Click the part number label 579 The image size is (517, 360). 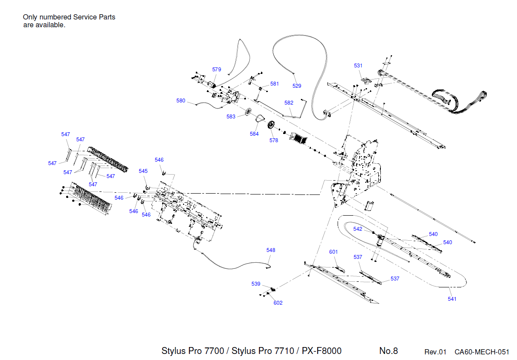click(x=217, y=70)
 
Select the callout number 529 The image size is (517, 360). click(x=297, y=86)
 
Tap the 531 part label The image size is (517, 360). click(x=358, y=66)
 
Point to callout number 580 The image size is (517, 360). click(x=181, y=101)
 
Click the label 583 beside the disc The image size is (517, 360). click(x=231, y=117)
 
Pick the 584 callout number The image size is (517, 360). click(x=254, y=134)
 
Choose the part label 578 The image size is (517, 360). click(x=274, y=140)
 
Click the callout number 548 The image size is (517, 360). click(x=271, y=250)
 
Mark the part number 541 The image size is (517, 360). click(x=452, y=299)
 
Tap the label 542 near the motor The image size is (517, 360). click(x=357, y=229)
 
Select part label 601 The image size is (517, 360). click(x=333, y=252)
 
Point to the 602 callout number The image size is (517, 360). click(x=278, y=303)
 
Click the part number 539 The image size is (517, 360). click(x=256, y=284)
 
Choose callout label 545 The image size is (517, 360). click(x=143, y=171)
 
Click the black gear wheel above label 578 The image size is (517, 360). click(x=272, y=125)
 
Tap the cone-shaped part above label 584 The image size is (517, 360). click(x=260, y=119)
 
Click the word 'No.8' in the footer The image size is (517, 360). click(x=388, y=351)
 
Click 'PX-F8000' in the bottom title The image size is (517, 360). click(x=322, y=350)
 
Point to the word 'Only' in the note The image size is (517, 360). click(x=30, y=17)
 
